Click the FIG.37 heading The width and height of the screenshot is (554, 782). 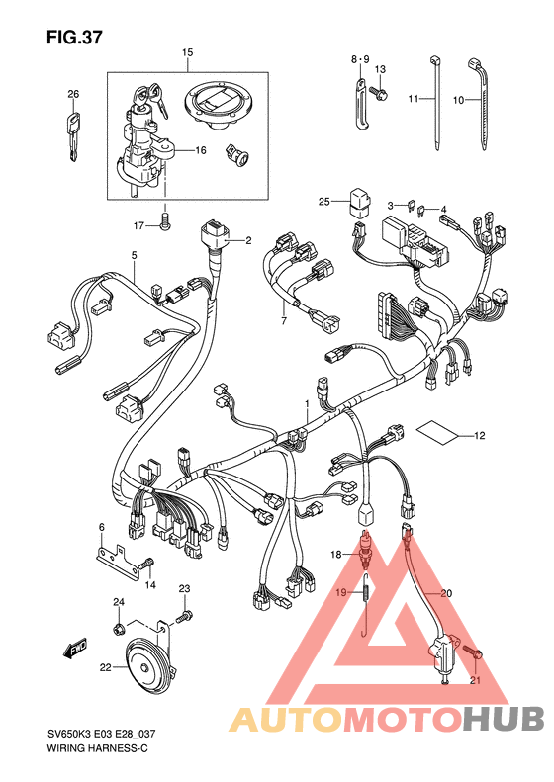[x=74, y=37]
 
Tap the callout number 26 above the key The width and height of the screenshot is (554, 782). [x=73, y=94]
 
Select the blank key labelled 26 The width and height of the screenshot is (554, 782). [x=73, y=137]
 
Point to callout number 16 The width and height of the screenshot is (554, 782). [x=200, y=150]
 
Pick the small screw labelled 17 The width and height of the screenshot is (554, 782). [x=165, y=221]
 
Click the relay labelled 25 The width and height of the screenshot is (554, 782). [x=359, y=202]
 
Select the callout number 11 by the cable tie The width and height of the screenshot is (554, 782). [x=413, y=99]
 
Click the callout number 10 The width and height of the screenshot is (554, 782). [x=458, y=100]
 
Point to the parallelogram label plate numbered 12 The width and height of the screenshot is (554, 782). [x=437, y=432]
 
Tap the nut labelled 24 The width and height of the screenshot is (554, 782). [x=119, y=630]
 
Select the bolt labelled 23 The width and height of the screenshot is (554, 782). [x=184, y=617]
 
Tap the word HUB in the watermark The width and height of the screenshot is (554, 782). [x=503, y=719]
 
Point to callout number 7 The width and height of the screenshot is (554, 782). [x=284, y=321]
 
